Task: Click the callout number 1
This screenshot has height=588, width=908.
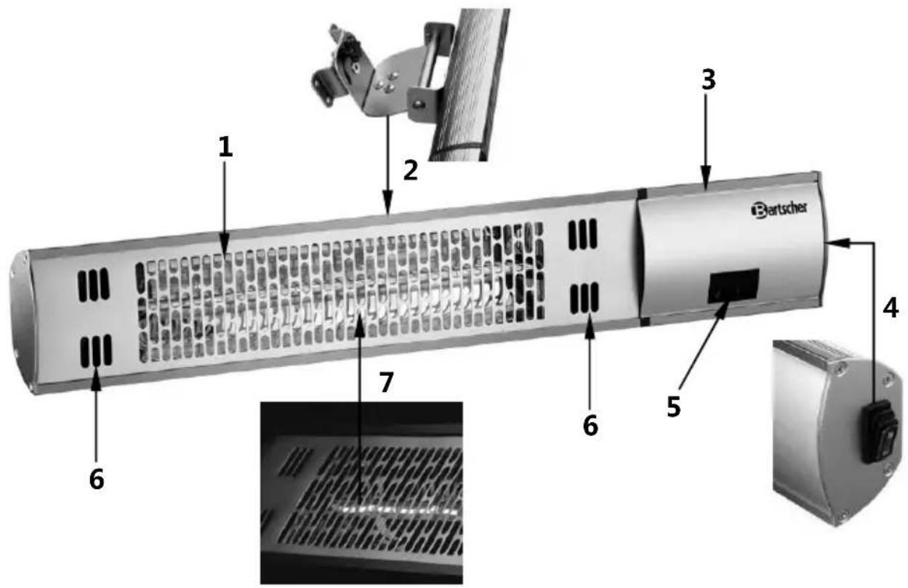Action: click(225, 147)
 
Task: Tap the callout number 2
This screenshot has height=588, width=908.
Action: click(410, 170)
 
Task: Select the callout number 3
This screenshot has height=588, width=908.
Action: click(709, 80)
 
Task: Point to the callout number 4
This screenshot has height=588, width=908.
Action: click(890, 309)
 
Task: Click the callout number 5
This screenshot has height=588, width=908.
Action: click(674, 406)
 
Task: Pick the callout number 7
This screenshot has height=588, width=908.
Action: click(386, 382)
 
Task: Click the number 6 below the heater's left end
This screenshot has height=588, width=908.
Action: click(97, 480)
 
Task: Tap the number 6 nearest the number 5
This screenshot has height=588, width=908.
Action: click(590, 425)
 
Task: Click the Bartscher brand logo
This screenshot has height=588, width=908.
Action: click(779, 209)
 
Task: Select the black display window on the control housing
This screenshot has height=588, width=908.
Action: click(733, 286)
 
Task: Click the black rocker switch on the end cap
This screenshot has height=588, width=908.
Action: click(880, 432)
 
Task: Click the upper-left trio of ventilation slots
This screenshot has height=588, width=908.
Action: click(94, 285)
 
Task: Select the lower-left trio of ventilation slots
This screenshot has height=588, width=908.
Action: click(96, 351)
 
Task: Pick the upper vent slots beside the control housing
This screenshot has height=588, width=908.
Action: click(583, 234)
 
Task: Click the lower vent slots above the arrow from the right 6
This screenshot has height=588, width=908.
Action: click(584, 298)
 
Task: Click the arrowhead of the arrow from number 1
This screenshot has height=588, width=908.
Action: click(225, 248)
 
